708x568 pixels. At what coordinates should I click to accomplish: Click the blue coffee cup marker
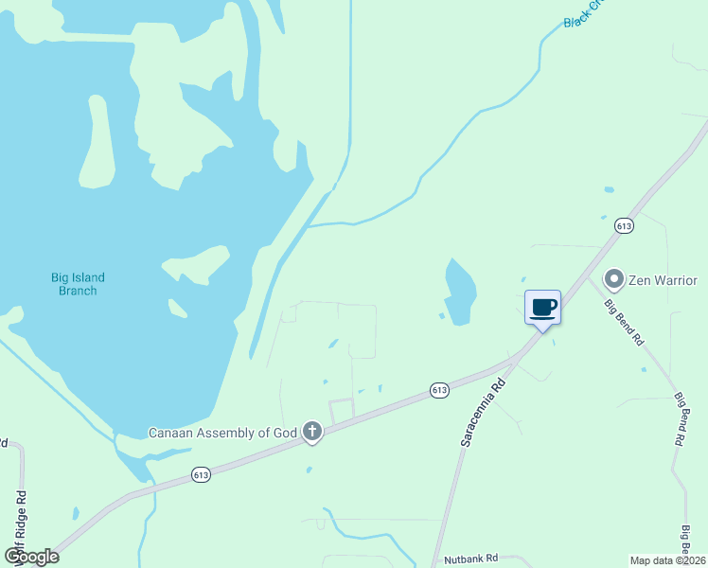click(542, 308)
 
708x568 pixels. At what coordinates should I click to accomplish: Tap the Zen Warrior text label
click(663, 280)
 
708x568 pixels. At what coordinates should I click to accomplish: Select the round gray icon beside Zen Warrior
click(613, 279)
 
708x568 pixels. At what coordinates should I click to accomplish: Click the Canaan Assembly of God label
click(222, 433)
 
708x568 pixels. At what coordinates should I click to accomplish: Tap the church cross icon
click(312, 433)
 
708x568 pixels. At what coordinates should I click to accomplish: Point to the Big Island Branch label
click(78, 284)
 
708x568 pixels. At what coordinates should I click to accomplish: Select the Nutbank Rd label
click(471, 559)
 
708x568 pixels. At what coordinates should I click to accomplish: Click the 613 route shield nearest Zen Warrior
click(623, 225)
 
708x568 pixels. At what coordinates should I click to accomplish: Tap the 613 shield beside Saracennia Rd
click(438, 390)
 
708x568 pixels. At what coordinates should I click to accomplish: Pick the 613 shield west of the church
click(200, 473)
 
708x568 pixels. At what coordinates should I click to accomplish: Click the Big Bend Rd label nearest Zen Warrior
click(625, 322)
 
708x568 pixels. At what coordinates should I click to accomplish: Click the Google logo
click(31, 557)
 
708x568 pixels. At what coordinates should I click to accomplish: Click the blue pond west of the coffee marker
click(458, 292)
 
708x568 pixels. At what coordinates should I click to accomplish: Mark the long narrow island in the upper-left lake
click(97, 142)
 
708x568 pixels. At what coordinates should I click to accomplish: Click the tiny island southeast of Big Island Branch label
click(178, 308)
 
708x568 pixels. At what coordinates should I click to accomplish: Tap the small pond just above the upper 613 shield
click(604, 216)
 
